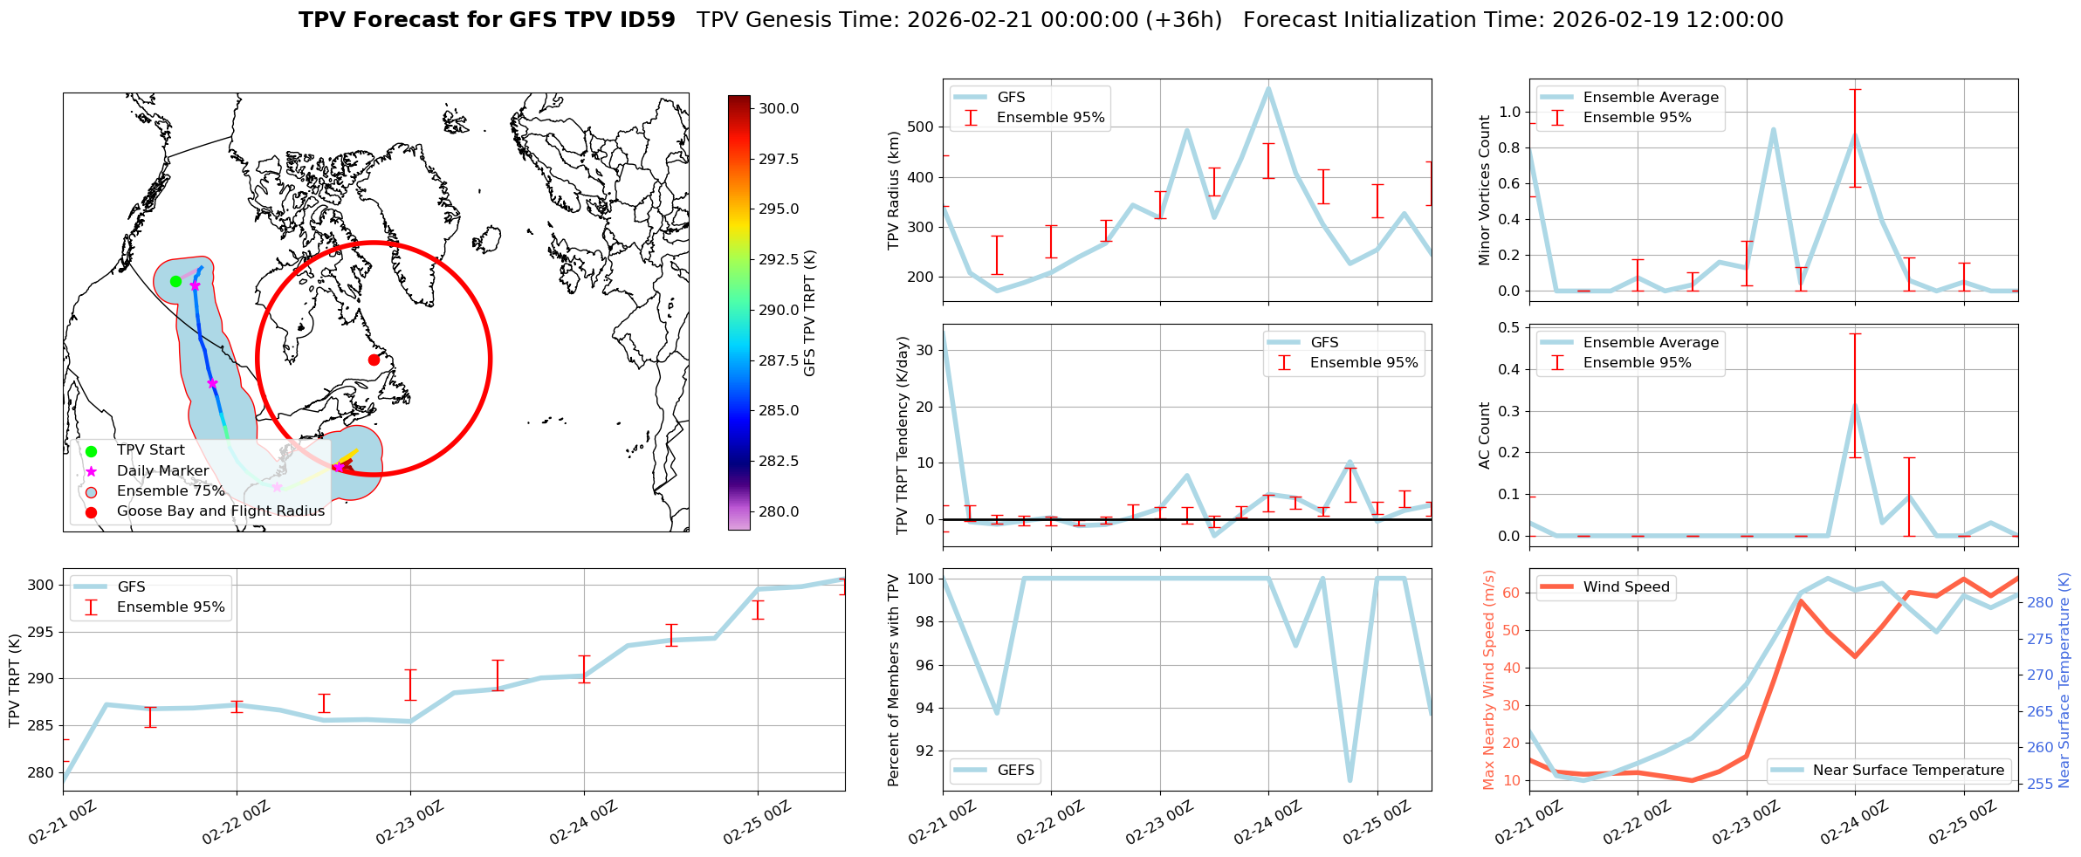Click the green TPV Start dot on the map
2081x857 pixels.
tap(175, 281)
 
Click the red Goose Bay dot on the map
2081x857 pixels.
tap(374, 360)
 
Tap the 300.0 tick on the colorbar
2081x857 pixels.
tap(779, 108)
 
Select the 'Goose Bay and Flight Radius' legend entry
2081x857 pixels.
tap(220, 511)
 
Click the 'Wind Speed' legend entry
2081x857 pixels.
tap(1625, 587)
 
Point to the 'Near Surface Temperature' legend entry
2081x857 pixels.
tap(1907, 770)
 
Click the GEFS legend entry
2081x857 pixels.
tap(1015, 770)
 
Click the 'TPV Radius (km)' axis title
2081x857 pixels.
tap(893, 190)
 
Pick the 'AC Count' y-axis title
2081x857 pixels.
tap(1485, 435)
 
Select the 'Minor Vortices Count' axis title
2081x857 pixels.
tap(1485, 190)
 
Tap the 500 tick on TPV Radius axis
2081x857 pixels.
tap(923, 127)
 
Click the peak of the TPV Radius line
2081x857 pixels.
tap(1268, 87)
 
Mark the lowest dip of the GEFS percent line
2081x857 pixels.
tap(1350, 780)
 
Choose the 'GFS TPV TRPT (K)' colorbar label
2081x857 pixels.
tap(810, 312)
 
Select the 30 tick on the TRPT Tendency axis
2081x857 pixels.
tap(926, 350)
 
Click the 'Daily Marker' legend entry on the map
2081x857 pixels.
tap(162, 471)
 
